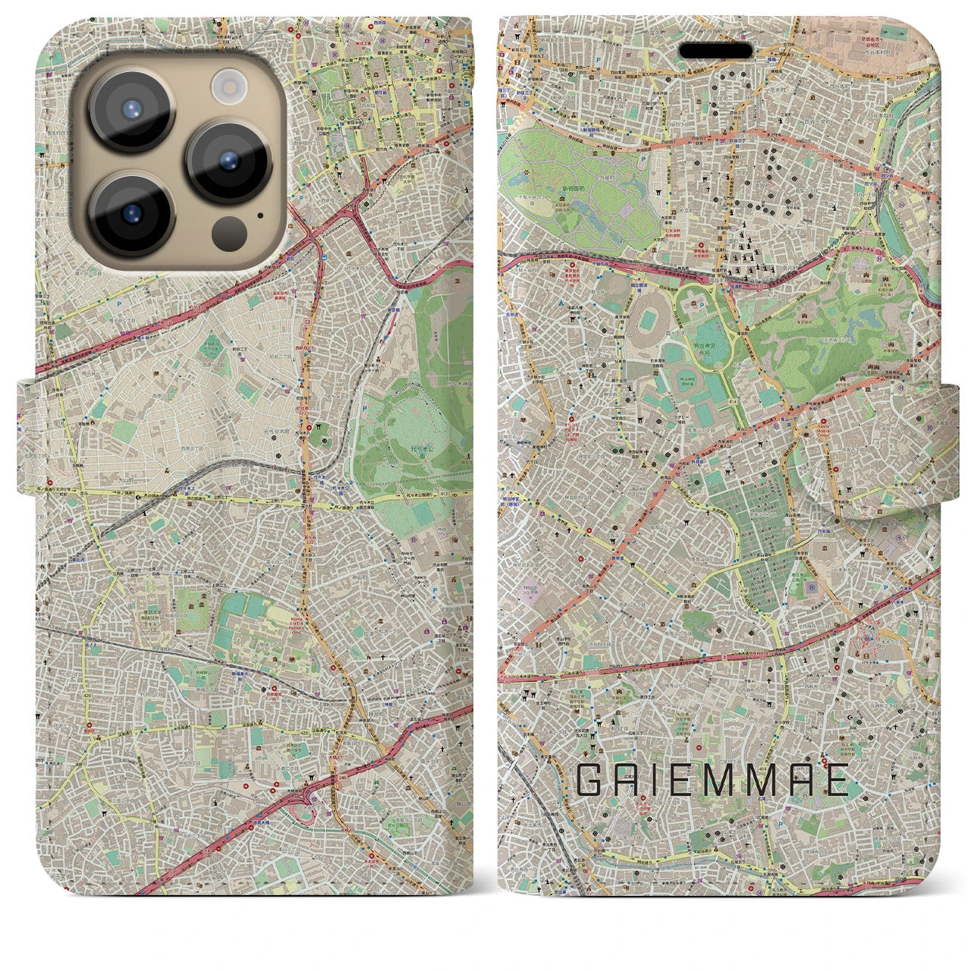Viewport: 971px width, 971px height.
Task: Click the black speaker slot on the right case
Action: [x=715, y=50]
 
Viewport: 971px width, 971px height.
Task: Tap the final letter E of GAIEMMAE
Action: [x=836, y=780]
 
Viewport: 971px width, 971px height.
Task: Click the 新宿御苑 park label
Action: [x=574, y=187]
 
